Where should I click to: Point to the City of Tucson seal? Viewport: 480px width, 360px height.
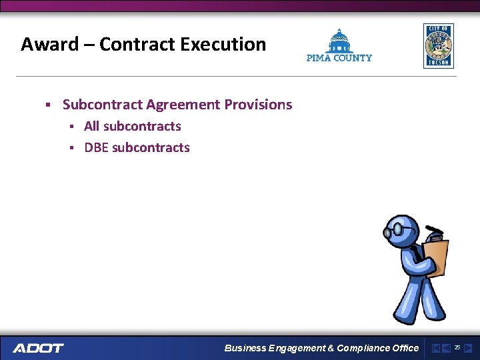438,45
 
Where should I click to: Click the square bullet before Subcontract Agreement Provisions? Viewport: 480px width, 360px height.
48,105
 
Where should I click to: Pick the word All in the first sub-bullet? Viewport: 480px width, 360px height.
92,126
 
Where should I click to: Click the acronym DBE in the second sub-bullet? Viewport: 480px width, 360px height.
96,147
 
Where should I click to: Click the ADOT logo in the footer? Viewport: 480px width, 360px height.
38,348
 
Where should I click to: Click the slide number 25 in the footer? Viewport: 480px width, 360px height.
457,347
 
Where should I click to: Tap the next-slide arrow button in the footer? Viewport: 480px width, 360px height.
468,348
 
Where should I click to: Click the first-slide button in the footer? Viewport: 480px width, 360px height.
435,348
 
